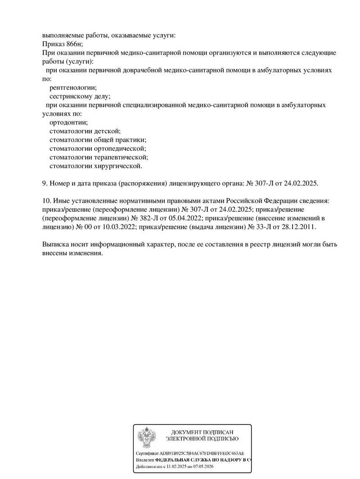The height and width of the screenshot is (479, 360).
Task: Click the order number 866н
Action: (x=73, y=44)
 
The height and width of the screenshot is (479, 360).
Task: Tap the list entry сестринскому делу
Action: (x=80, y=96)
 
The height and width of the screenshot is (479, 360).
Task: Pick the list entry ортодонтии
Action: (x=68, y=122)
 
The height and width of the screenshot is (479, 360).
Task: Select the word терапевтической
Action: (x=126, y=157)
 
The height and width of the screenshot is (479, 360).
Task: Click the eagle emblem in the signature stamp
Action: (x=147, y=438)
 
